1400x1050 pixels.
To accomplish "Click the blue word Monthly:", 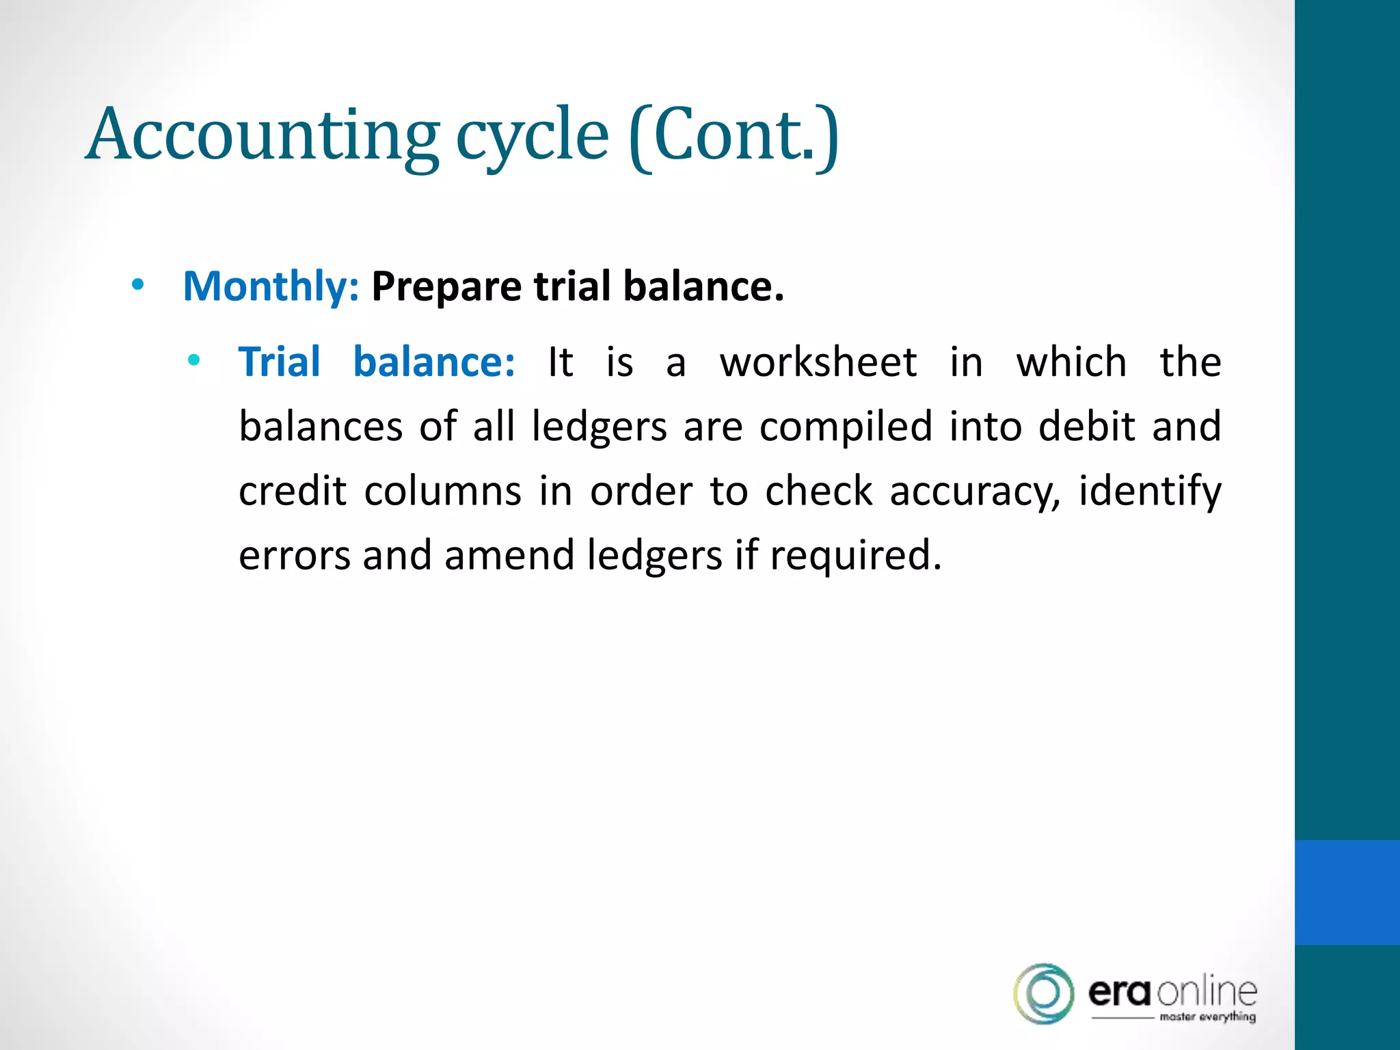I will click(x=271, y=286).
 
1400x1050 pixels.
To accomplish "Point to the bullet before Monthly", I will click(x=138, y=285).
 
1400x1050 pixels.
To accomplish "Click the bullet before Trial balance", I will click(x=194, y=360).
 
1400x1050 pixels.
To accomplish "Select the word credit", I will click(x=293, y=491).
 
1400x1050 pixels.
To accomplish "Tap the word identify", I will click(x=1150, y=492).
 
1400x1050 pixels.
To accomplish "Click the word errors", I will click(x=294, y=555).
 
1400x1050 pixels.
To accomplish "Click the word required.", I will click(x=855, y=556).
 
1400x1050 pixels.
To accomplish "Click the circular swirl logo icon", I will click(x=1043, y=993).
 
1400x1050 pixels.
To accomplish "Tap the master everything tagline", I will click(x=1207, y=1017).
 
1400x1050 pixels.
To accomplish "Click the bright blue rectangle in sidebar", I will click(x=1347, y=892).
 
